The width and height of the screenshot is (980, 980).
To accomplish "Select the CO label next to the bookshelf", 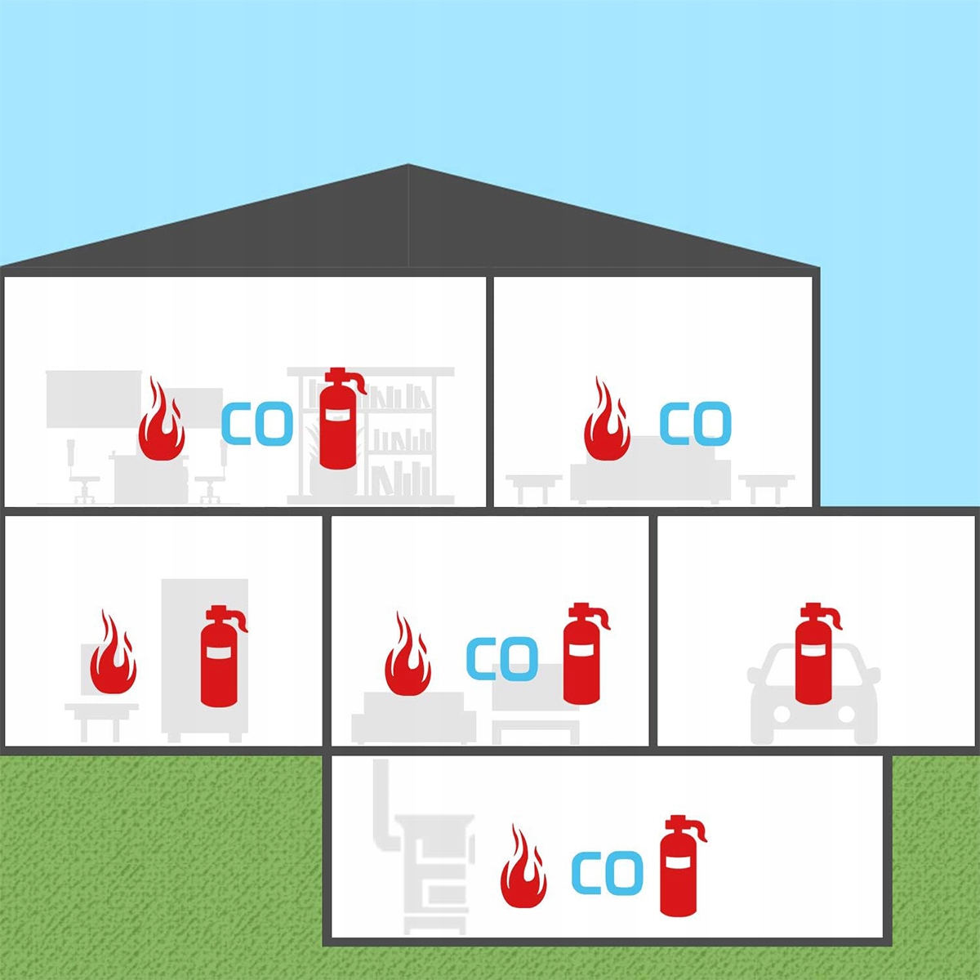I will (x=256, y=424).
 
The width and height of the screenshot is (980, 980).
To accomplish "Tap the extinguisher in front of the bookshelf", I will (x=338, y=420).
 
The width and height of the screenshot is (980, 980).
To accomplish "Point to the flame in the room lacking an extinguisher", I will (x=606, y=422).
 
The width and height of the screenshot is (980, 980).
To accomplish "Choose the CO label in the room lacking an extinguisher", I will (x=695, y=423).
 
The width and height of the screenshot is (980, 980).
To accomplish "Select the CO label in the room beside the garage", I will (x=501, y=659).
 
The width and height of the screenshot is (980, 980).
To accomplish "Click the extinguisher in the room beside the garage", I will (x=582, y=656).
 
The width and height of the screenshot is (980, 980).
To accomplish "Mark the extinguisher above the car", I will (x=814, y=655).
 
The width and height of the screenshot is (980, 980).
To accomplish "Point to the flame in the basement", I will (x=523, y=869).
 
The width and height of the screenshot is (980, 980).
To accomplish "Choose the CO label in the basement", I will (x=607, y=872).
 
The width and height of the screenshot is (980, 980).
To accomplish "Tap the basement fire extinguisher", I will (x=679, y=867).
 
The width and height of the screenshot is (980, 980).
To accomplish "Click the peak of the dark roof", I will (x=408, y=168).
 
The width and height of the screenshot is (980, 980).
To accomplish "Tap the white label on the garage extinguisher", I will (x=813, y=648).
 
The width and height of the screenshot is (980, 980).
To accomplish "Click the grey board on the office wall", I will (x=93, y=399).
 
